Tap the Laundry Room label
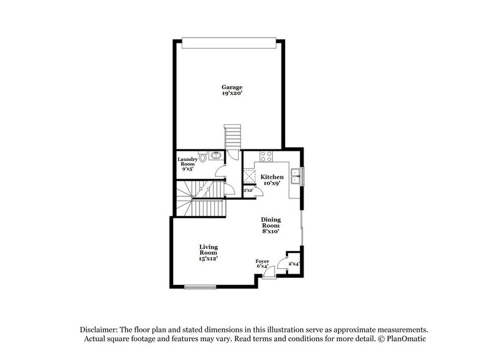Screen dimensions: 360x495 click(x=187, y=162)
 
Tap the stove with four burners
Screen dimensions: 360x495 click(x=266, y=156)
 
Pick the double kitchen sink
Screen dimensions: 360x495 click(x=296, y=176)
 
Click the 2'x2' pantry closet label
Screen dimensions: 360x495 click(x=248, y=192)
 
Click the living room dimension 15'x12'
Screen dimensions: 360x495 click(x=208, y=258)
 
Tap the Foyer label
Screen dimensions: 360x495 click(x=262, y=261)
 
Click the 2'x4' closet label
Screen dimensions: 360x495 click(x=294, y=263)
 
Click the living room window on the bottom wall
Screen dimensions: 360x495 click(x=201, y=287)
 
